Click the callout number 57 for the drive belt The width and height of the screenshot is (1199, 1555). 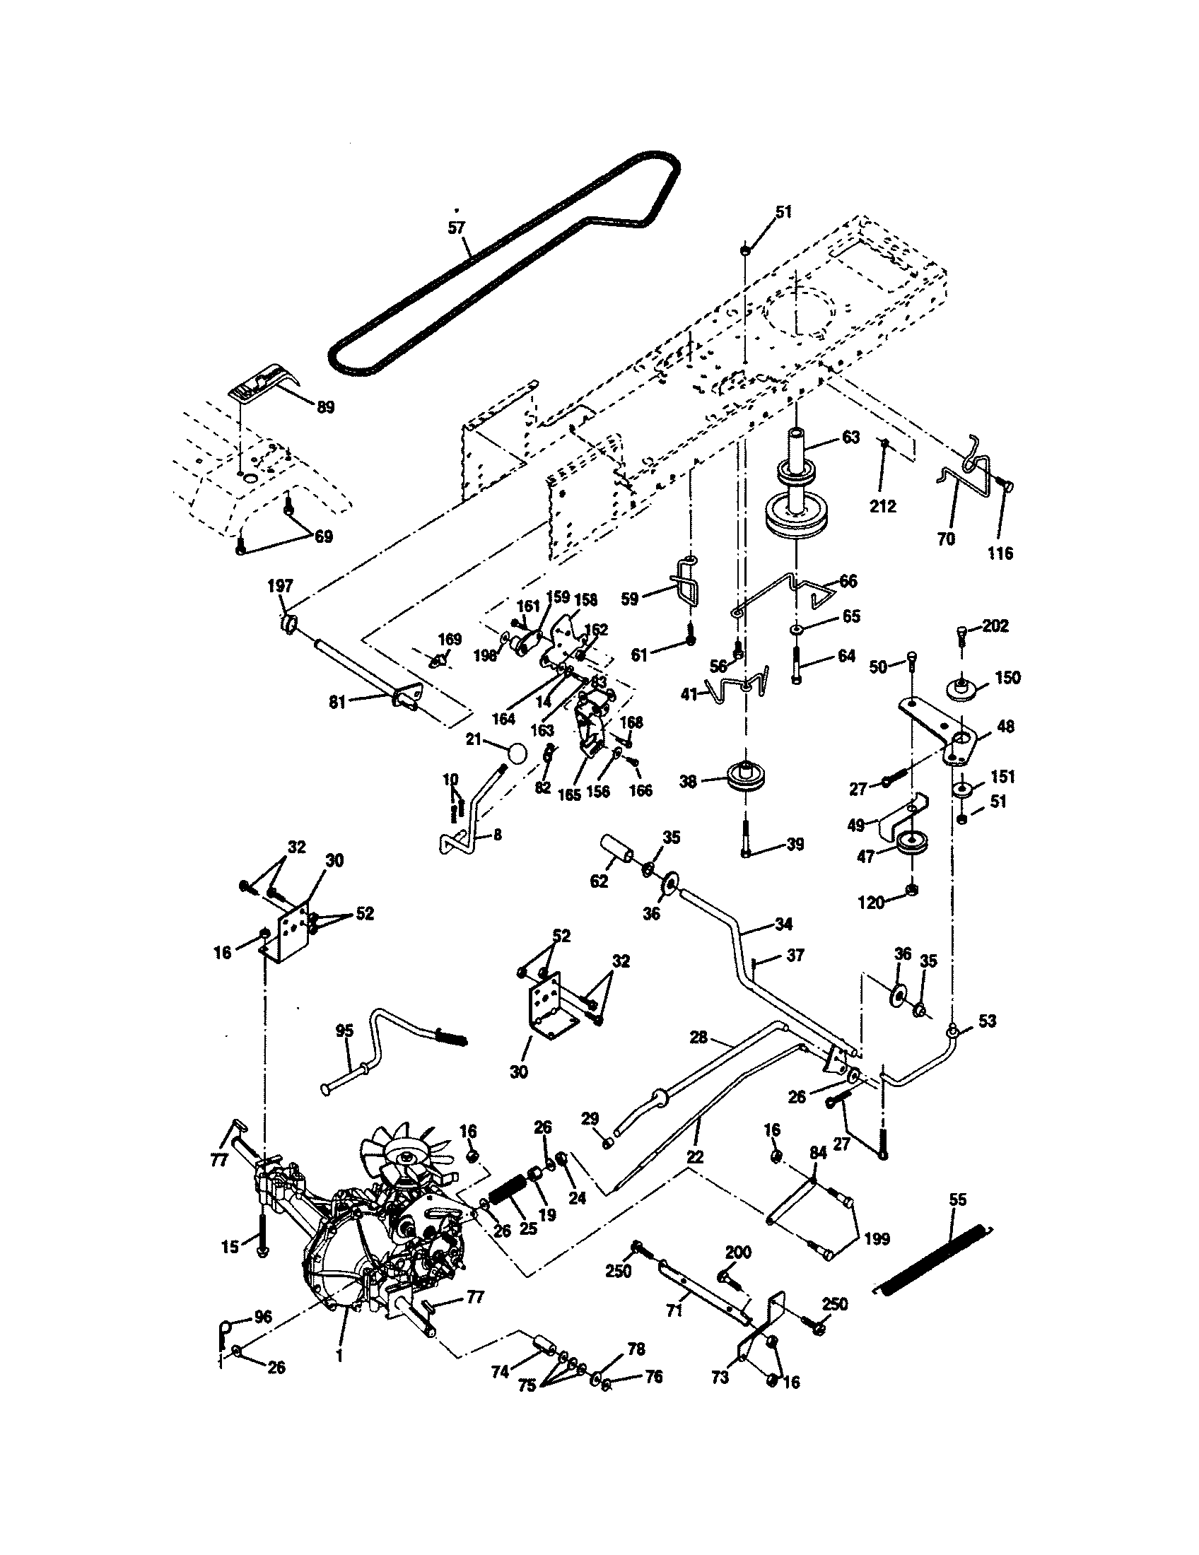click(456, 228)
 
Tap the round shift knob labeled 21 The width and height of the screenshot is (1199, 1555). click(517, 752)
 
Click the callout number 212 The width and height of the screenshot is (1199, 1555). click(882, 506)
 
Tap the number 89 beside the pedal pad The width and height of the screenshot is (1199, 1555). click(325, 407)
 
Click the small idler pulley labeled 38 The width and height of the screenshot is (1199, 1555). click(742, 777)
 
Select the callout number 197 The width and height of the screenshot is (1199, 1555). click(280, 586)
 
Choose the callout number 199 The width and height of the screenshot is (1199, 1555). click(877, 1239)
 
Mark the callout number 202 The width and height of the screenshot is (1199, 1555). click(995, 626)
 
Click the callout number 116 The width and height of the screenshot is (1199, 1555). click(1000, 553)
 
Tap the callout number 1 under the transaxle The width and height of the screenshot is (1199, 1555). click(339, 1357)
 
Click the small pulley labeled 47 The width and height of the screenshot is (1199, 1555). click(908, 844)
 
